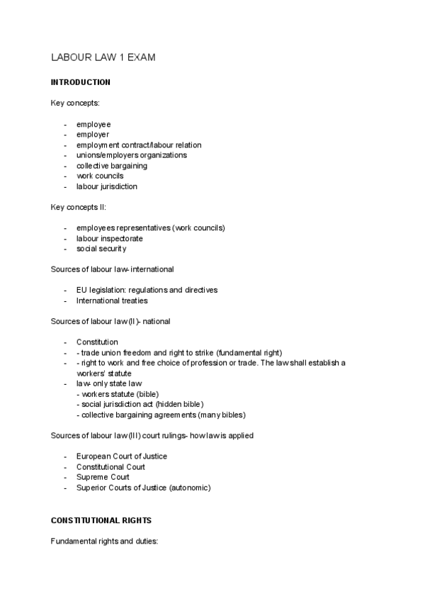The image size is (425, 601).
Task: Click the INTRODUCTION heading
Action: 81,82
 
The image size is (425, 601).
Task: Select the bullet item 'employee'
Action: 93,124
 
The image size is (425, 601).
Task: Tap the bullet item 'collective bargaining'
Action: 112,166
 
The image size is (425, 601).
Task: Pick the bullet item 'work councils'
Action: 100,176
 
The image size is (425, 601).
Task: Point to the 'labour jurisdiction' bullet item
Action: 107,186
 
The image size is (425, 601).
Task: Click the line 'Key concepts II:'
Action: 78,207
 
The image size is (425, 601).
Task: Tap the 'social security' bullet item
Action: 101,249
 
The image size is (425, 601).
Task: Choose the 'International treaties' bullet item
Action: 112,300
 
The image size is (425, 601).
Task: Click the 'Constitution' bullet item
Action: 97,342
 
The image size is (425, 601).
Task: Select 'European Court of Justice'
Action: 121,456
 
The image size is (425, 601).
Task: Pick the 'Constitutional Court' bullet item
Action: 110,466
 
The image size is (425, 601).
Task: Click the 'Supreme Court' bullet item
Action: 103,477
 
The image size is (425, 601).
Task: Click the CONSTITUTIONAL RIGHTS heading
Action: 101,519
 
